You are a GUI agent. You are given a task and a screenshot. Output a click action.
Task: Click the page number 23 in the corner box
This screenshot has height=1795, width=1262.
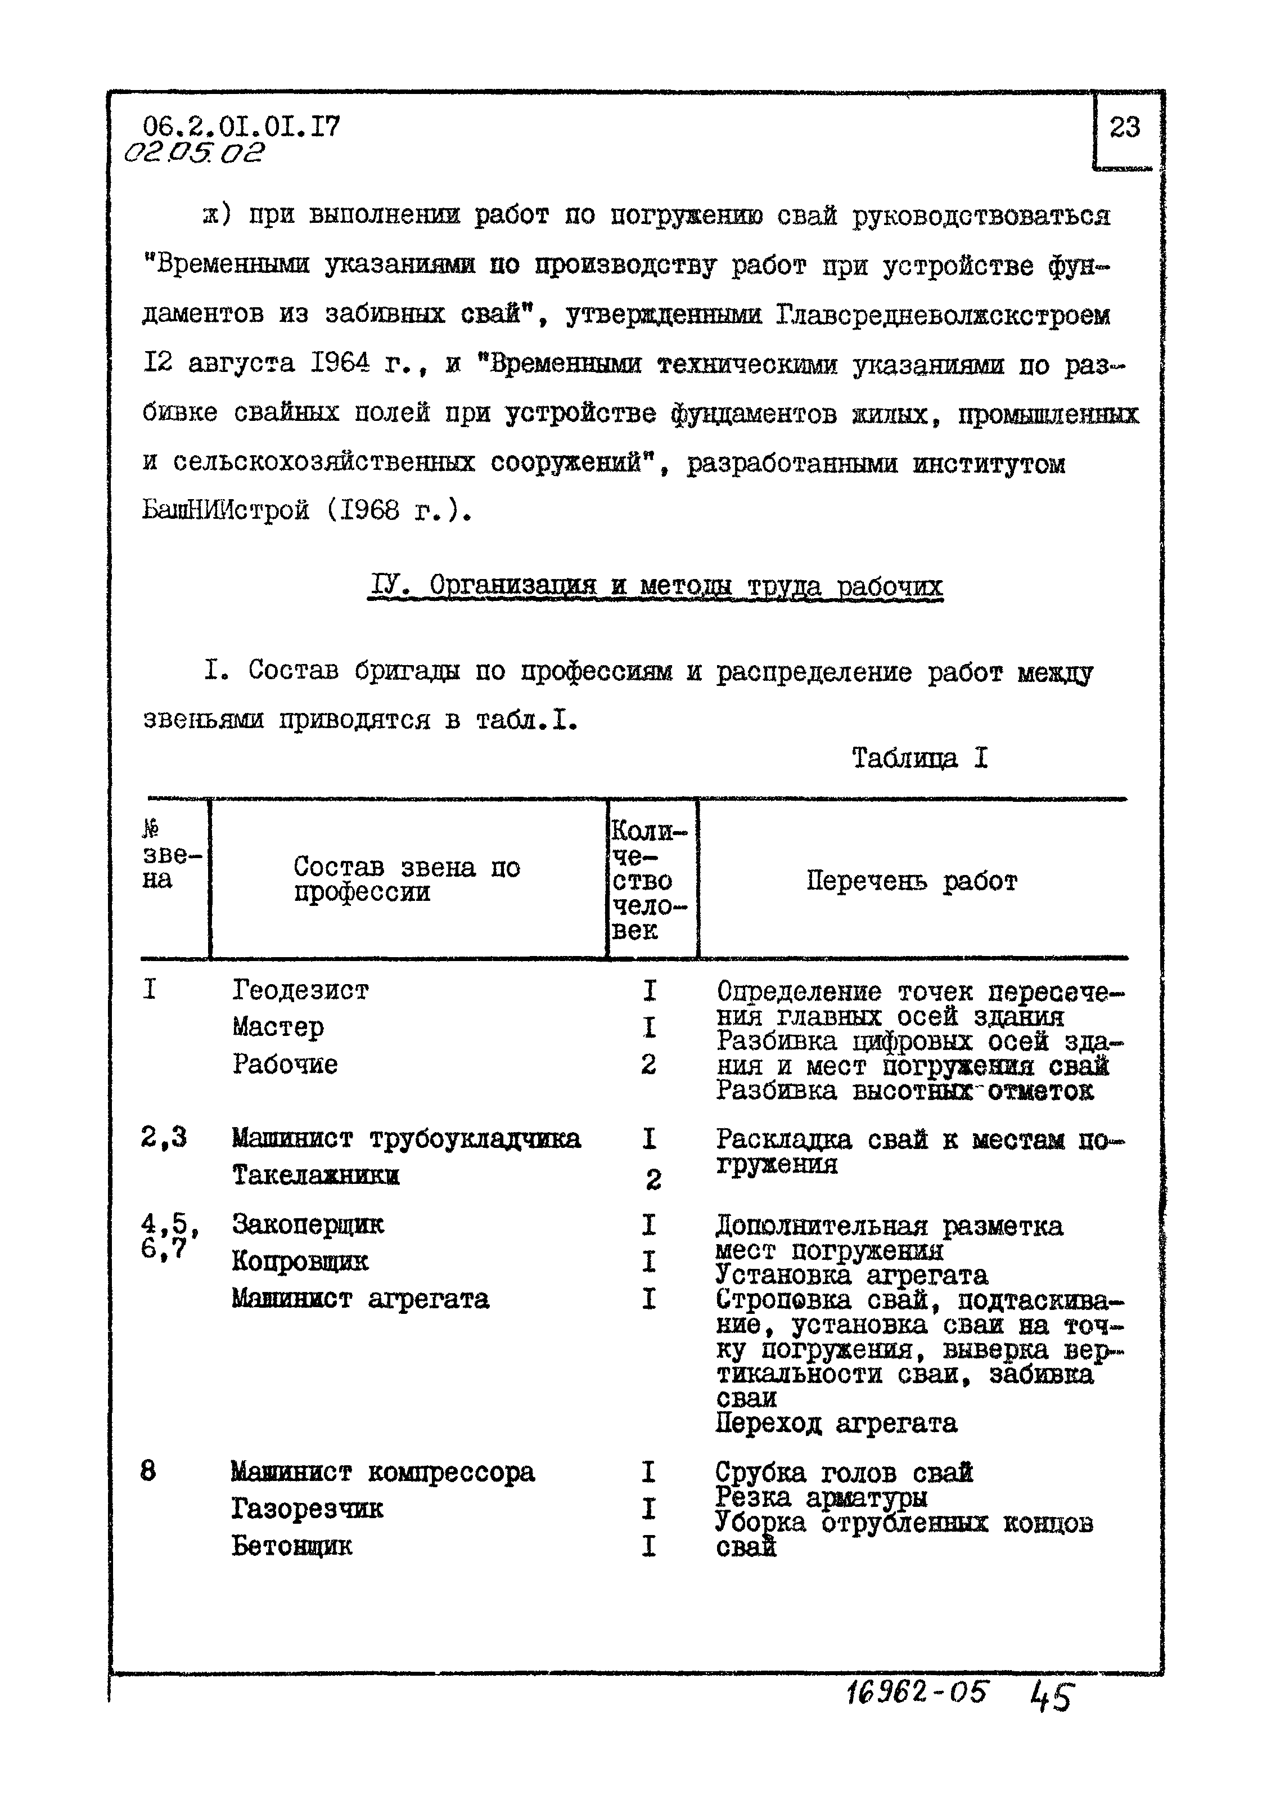[1124, 127]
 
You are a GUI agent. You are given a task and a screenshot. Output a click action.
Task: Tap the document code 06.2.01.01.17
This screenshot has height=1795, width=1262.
[241, 127]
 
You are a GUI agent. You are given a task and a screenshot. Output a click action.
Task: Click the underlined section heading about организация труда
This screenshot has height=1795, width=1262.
[655, 586]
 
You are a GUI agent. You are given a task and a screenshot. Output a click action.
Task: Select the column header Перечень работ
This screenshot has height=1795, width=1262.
[911, 881]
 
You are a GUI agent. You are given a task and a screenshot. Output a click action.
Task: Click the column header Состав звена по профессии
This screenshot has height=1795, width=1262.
[407, 879]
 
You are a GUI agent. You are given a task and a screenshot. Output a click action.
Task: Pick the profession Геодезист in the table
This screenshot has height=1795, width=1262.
[300, 990]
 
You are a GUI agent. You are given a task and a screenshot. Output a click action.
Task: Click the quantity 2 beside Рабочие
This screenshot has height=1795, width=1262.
[648, 1064]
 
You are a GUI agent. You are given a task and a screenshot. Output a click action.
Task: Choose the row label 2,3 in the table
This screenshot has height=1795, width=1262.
[163, 1138]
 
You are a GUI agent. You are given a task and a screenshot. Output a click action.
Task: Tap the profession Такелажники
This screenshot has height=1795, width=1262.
[315, 1175]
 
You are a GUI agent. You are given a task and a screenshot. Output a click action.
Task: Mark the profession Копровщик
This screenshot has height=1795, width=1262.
[300, 1261]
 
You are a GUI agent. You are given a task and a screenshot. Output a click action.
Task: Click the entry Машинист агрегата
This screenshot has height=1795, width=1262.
[360, 1299]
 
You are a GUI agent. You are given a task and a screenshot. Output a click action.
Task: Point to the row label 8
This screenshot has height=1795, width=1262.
[148, 1471]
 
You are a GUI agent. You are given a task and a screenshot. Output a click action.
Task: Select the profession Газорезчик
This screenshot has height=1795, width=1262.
[307, 1508]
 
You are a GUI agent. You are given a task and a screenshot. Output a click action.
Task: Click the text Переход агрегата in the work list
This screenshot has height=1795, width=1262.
[835, 1423]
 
